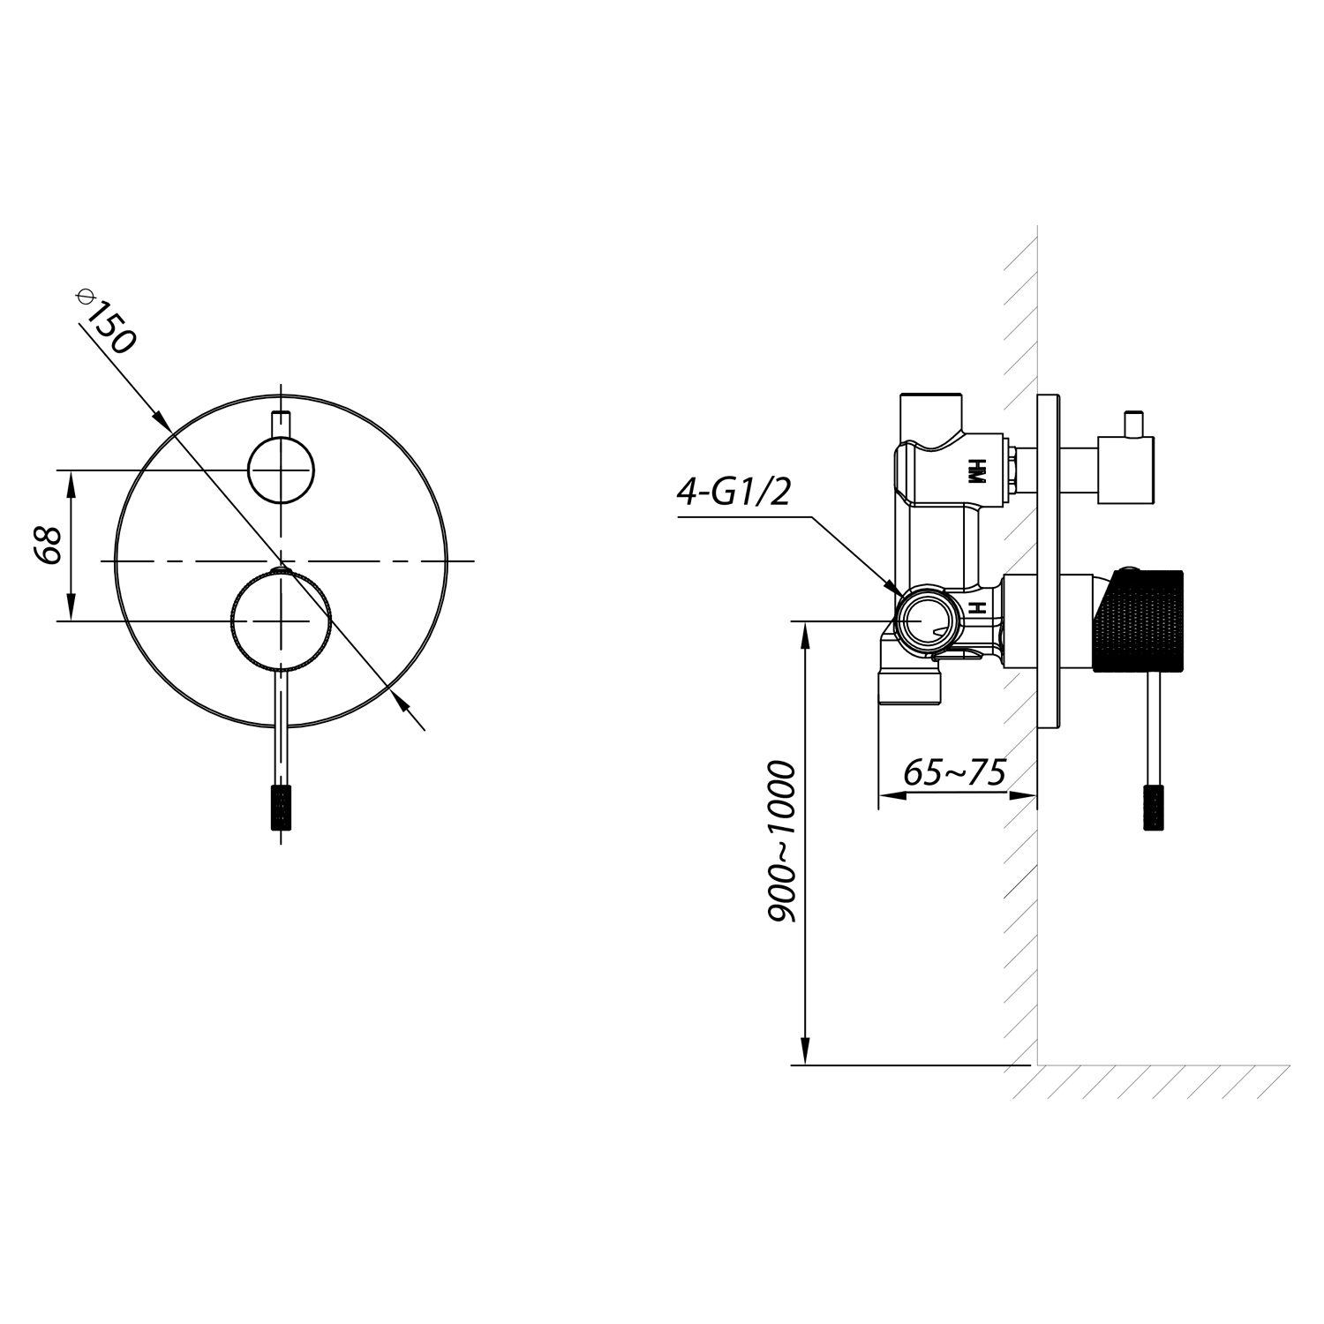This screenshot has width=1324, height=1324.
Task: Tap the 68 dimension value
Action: (x=46, y=546)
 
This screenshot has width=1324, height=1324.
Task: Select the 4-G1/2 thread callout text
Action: (x=733, y=493)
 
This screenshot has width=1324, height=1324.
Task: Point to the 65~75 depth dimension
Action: (x=955, y=773)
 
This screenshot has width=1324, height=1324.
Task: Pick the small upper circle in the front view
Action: (x=282, y=470)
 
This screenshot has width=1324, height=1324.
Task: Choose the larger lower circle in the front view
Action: (x=282, y=621)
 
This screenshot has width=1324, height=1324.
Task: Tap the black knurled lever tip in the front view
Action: (x=282, y=805)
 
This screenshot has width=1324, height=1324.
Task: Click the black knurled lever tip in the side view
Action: (x=1155, y=806)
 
